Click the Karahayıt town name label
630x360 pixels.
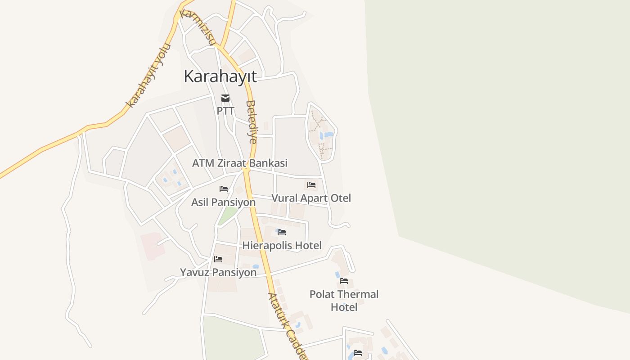click(220, 76)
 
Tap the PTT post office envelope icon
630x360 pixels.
click(225, 98)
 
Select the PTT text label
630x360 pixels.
click(225, 110)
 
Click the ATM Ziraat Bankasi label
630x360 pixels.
click(239, 163)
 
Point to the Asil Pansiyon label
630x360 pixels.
click(223, 202)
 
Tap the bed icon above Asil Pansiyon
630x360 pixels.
click(224, 189)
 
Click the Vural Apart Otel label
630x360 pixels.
click(311, 198)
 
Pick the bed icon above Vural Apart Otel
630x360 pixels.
click(311, 185)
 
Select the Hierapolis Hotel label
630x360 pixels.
click(282, 245)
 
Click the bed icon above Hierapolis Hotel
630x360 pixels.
click(282, 232)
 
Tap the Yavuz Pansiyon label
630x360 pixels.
click(218, 272)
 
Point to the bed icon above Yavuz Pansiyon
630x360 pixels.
click(218, 259)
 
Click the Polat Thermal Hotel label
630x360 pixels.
click(344, 301)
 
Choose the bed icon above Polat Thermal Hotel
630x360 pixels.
click(344, 281)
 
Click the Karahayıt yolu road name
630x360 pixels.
click(149, 76)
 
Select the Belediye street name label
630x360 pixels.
click(252, 121)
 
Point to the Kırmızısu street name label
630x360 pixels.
click(197, 27)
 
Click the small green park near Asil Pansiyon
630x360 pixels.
click(227, 216)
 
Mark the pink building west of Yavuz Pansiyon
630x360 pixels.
click(152, 245)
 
